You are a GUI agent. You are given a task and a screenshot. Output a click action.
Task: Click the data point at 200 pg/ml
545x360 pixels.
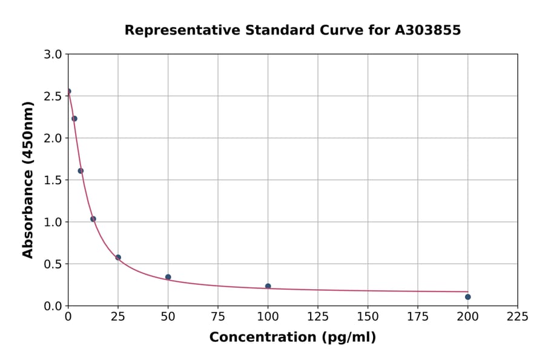coord(467,297)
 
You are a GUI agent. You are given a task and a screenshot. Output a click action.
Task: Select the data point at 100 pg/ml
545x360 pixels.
coord(268,286)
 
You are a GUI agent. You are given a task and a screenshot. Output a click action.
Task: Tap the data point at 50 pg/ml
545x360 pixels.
coord(168,277)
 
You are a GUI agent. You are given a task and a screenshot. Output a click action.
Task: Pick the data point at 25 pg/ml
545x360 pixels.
coord(118,258)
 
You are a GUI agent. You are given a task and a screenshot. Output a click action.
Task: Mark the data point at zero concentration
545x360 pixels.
coord(68,92)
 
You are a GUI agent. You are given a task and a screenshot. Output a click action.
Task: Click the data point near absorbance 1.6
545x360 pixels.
coord(81,171)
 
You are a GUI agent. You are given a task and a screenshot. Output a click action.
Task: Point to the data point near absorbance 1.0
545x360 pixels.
coord(93,219)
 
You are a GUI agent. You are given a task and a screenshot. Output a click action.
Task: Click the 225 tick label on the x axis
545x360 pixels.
coord(517,316)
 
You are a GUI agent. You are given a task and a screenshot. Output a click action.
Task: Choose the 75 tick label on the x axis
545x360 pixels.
coord(218,316)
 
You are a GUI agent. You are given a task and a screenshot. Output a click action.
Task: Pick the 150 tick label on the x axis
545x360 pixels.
coord(368,316)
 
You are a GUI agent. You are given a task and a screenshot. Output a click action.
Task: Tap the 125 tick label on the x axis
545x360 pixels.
coord(318,316)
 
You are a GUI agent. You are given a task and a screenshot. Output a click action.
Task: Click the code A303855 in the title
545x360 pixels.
coord(428,30)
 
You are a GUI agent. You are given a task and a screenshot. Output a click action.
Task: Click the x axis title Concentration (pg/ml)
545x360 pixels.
coord(292,338)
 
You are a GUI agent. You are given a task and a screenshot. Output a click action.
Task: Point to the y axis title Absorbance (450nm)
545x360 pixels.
coord(28,180)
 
